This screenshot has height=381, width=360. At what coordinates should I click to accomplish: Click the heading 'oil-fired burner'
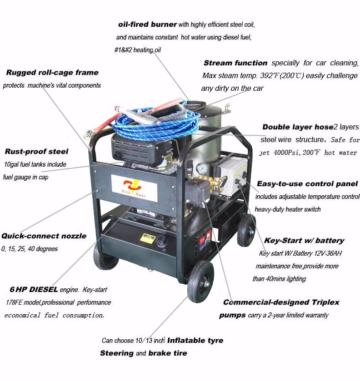click(147, 25)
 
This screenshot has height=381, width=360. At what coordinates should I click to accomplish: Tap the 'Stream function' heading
click(235, 63)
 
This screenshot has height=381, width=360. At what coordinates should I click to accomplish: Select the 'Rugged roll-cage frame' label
click(52, 73)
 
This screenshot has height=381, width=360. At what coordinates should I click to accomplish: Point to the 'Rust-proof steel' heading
click(36, 152)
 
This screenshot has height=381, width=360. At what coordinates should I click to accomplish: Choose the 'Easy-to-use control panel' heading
click(307, 184)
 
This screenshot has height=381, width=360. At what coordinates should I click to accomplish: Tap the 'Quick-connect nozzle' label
click(44, 236)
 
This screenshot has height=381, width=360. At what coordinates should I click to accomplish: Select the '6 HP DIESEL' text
click(34, 289)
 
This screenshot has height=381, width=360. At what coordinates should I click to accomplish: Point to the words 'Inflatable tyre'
click(195, 340)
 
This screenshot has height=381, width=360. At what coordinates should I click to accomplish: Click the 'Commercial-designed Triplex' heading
click(281, 302)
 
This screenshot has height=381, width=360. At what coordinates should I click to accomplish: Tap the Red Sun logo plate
click(135, 188)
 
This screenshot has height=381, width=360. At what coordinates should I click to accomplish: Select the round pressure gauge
click(202, 168)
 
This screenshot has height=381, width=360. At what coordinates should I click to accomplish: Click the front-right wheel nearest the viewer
click(200, 282)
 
